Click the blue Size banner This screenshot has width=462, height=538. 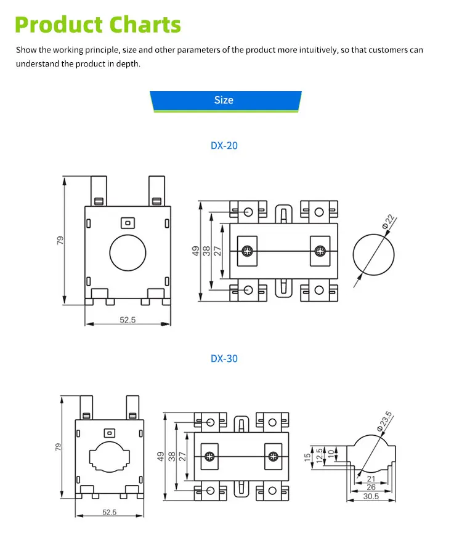pyautogui.click(x=225, y=101)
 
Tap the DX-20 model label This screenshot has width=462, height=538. pyautogui.click(x=224, y=145)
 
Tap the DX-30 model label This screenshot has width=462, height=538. pyautogui.click(x=224, y=358)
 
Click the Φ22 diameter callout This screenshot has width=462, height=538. pyautogui.click(x=389, y=222)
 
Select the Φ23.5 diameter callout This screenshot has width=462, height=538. pyautogui.click(x=384, y=420)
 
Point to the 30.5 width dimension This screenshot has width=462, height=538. pyautogui.click(x=371, y=496)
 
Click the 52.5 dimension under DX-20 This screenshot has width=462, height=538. pyautogui.click(x=128, y=319)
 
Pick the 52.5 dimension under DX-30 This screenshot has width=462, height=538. pyautogui.click(x=110, y=512)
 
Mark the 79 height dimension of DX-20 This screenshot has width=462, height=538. pyautogui.click(x=60, y=240)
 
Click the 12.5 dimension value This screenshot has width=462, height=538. pyautogui.click(x=320, y=456)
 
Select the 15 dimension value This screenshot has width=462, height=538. pyautogui.click(x=307, y=457)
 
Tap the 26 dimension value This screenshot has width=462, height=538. pyautogui.click(x=371, y=487)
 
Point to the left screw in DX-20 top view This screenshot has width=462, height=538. pyautogui.click(x=247, y=251)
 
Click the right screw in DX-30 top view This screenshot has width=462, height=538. pyautogui.click(x=274, y=456)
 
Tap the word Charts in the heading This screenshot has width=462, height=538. pyautogui.click(x=145, y=25)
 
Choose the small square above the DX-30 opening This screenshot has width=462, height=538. pyautogui.click(x=109, y=433)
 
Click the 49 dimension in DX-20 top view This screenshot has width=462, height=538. pyautogui.click(x=196, y=251)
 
